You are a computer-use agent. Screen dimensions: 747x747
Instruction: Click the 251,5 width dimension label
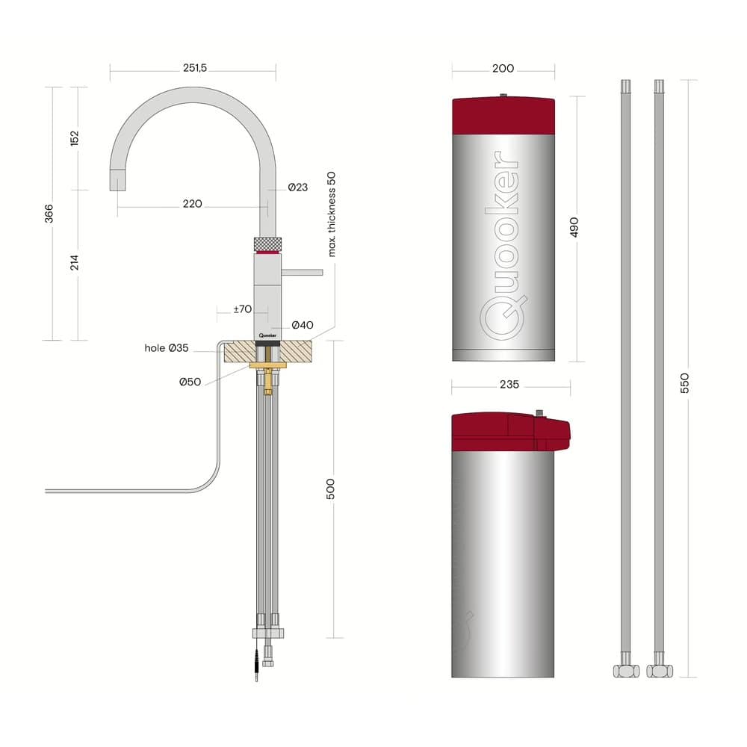point(193,68)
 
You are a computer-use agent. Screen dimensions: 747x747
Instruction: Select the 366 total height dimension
point(49,214)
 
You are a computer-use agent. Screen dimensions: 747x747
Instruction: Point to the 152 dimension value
point(75,138)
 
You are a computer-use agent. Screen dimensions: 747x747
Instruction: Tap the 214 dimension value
point(75,263)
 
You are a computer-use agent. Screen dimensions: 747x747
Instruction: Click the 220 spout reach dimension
point(192,204)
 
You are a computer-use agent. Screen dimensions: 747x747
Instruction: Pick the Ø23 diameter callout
point(297,187)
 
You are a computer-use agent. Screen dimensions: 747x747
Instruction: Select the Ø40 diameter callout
point(302,325)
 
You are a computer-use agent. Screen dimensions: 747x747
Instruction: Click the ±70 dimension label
point(241,309)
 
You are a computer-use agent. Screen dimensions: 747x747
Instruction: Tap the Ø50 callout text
point(190,382)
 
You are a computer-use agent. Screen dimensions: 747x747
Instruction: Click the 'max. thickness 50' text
point(332,214)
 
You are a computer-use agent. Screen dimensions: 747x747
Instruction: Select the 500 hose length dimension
point(332,489)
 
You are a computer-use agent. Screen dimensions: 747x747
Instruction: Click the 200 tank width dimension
point(503,68)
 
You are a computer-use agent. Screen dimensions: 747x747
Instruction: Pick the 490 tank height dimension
point(574,227)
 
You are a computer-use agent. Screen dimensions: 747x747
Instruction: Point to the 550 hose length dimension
point(685,382)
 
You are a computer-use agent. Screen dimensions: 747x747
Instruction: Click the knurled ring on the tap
point(268,244)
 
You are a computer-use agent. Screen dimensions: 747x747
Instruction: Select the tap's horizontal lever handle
point(302,272)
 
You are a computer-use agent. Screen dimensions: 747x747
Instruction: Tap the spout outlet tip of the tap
point(118,181)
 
